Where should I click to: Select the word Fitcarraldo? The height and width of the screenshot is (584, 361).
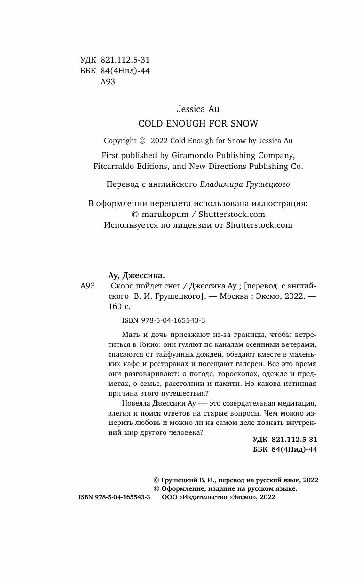pyautogui.click(x=113, y=166)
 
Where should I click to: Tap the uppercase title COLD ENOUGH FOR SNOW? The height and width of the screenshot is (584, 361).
pyautogui.click(x=197, y=124)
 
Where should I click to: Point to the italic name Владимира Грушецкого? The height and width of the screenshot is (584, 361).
pyautogui.click(x=244, y=184)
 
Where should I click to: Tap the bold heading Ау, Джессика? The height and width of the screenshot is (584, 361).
pyautogui.click(x=136, y=276)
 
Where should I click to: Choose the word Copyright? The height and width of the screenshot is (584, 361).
pyautogui.click(x=120, y=140)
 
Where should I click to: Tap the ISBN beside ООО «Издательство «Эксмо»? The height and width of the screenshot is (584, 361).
pyautogui.click(x=114, y=498)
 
